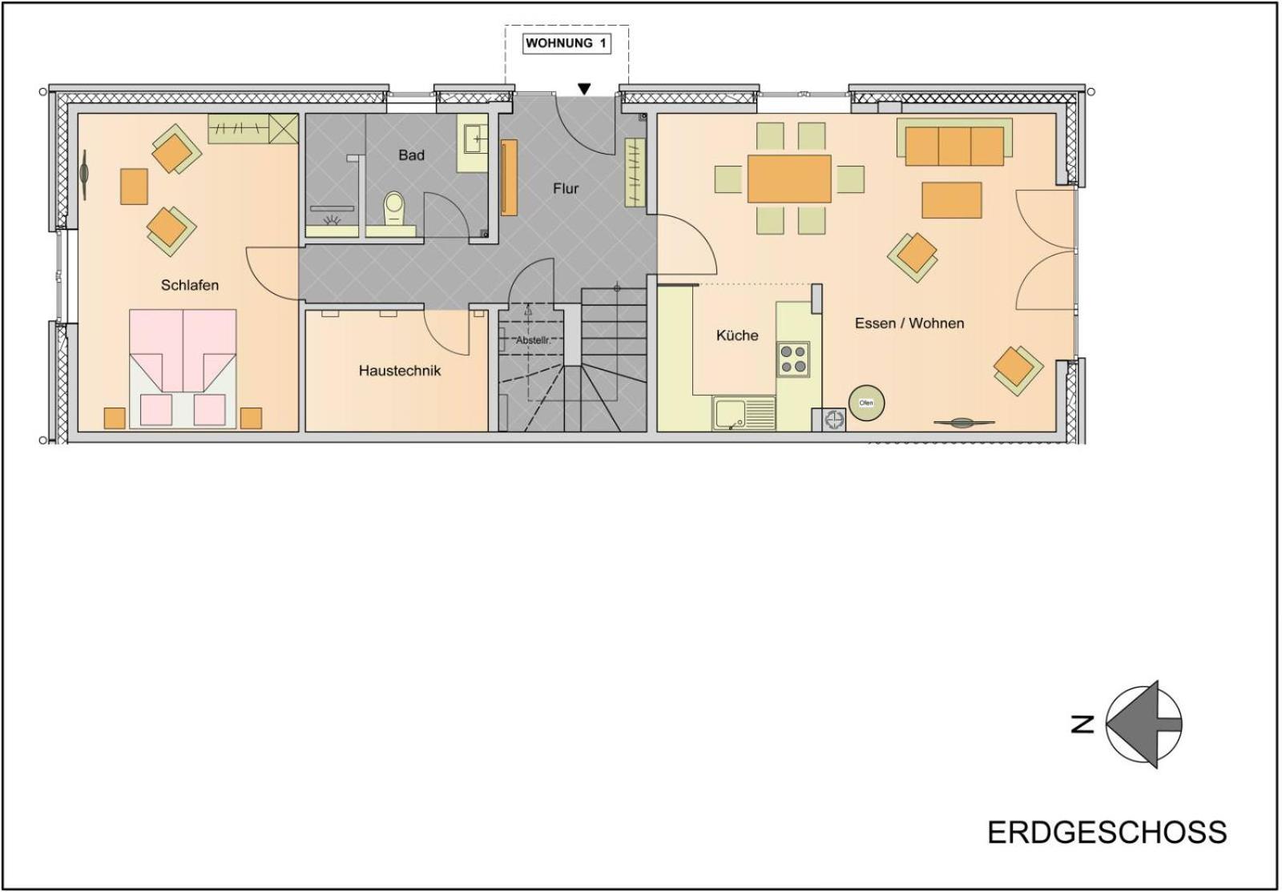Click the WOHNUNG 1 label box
pos(566,43)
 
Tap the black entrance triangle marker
pos(584,89)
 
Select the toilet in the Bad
pos(393,209)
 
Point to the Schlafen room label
pos(189,285)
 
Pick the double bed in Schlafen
pos(183,369)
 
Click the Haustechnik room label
pos(400,371)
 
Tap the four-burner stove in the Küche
pos(793,359)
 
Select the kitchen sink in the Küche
pos(744,414)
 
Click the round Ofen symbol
pos(866,403)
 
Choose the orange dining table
pos(789,179)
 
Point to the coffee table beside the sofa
pos(952,200)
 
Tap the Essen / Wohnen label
pos(909,323)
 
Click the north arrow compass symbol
pos(1143,725)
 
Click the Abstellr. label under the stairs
pos(533,340)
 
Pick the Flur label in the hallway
pos(566,189)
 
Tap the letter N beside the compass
pos(1082,725)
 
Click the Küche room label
pos(737,335)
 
